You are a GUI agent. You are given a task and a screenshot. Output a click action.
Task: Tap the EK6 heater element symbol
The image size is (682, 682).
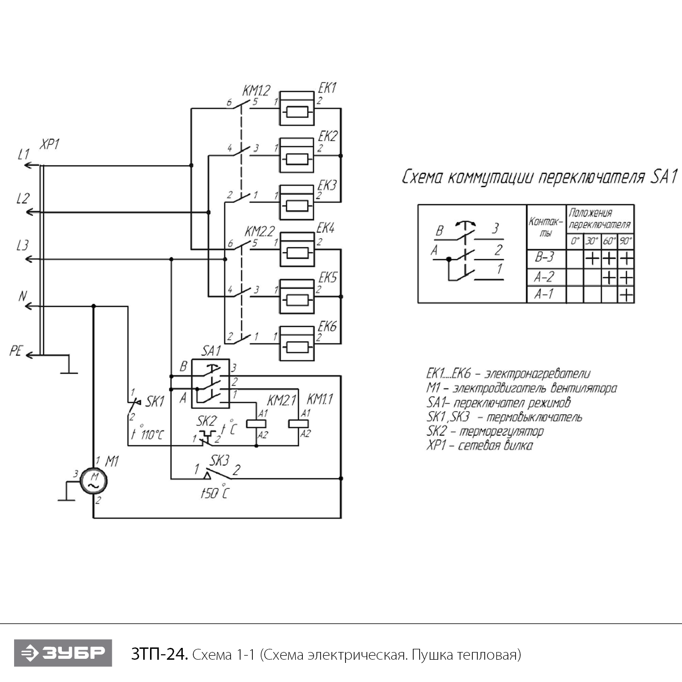pyautogui.click(x=296, y=343)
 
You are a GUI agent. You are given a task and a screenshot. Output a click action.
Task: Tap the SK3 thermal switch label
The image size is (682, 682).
pyautogui.click(x=219, y=461)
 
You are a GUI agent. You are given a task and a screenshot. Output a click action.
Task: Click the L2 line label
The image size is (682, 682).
pyautogui.click(x=22, y=198)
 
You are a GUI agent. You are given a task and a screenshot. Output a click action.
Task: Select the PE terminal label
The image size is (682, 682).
pyautogui.click(x=15, y=351)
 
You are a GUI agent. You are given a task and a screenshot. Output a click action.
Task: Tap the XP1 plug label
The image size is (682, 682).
pyautogui.click(x=50, y=145)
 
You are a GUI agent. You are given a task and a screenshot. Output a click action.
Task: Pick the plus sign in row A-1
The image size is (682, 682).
pyautogui.click(x=626, y=296)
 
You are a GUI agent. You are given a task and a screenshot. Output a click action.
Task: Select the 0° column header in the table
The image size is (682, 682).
pyautogui.click(x=575, y=241)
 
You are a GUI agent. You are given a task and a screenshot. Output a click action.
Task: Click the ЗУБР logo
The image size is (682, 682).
pyautogui.click(x=63, y=653)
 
